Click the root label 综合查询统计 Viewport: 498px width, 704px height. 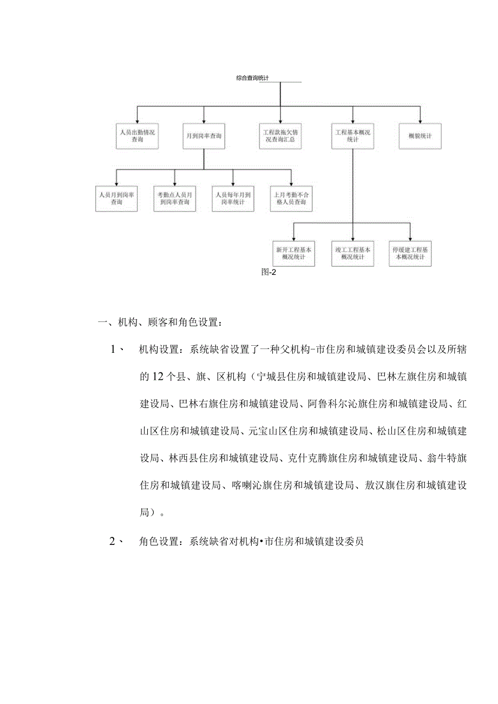coord(253,78)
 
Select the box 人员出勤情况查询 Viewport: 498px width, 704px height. coord(137,136)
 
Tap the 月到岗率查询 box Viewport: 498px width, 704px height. coord(204,136)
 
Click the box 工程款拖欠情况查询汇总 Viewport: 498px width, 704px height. coord(280,136)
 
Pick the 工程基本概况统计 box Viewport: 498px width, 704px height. coord(352,136)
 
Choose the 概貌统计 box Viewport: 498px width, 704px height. coord(420,136)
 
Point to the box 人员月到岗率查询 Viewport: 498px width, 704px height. coord(116,198)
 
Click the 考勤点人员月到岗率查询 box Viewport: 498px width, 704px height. coord(175,198)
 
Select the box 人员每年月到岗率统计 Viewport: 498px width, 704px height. coord(233,198)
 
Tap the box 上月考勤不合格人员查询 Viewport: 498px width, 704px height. coord(291,198)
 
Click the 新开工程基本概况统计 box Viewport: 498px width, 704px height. coord(294,253)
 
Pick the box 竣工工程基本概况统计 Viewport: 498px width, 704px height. coord(352,253)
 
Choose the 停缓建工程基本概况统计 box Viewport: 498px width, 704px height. coord(410,253)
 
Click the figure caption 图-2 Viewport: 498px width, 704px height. coord(269,273)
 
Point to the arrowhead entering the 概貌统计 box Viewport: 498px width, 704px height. coord(420,120)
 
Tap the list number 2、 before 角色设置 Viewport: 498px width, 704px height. coord(116,541)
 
